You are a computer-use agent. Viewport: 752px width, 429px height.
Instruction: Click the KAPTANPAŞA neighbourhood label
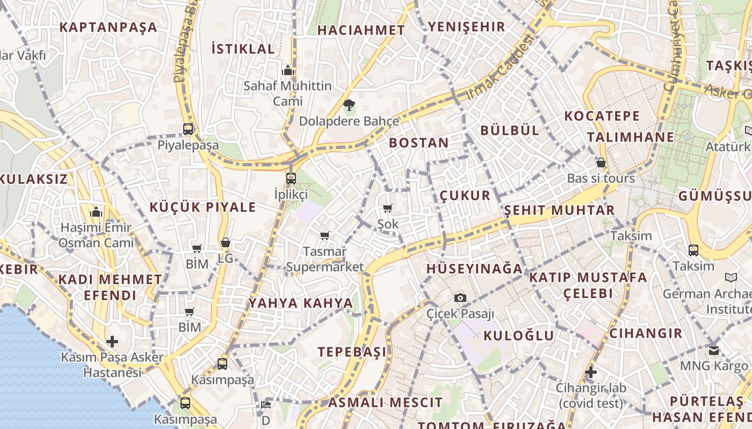(108, 27)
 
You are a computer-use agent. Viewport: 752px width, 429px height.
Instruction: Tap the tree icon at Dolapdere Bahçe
(349, 104)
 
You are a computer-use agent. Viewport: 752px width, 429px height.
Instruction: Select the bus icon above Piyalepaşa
(188, 129)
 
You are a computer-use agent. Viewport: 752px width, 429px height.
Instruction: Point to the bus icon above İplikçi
(291, 178)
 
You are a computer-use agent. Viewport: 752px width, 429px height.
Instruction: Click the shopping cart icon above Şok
(388, 208)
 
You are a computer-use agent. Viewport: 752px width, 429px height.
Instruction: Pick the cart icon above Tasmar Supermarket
(324, 235)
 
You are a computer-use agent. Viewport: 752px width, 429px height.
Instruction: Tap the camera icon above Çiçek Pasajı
(460, 298)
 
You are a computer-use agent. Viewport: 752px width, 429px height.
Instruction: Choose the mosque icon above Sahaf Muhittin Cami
(288, 70)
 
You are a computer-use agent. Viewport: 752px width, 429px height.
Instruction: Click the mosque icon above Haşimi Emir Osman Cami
(97, 212)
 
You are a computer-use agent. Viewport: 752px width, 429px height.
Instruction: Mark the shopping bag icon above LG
(226, 242)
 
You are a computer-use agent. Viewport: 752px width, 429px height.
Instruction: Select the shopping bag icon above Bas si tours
(601, 162)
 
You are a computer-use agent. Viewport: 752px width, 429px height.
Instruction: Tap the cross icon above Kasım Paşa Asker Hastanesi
(112, 341)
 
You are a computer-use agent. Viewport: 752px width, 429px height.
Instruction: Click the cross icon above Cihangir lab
(591, 372)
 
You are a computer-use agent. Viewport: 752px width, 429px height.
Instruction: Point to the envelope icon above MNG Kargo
(714, 351)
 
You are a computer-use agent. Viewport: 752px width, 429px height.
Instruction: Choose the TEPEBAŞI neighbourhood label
(352, 352)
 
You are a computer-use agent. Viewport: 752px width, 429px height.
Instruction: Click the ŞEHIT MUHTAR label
(559, 210)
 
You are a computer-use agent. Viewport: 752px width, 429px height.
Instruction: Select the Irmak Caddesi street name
(500, 66)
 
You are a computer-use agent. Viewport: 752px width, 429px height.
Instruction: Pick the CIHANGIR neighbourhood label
(646, 334)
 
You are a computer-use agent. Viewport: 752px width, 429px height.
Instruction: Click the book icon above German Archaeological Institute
(731, 277)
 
